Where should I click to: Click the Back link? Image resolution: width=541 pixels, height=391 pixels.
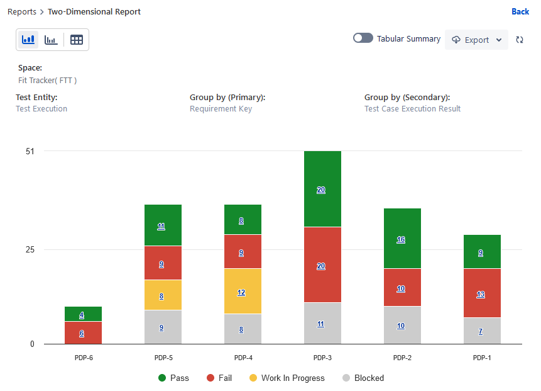tap(520, 11)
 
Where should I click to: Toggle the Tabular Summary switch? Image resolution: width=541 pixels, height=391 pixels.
tap(363, 38)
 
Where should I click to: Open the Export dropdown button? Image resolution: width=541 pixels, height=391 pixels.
tap(476, 40)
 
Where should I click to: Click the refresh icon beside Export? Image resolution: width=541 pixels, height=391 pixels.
tap(520, 40)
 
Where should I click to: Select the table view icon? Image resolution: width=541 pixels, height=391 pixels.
tap(77, 40)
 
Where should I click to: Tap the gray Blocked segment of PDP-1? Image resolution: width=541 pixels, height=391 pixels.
tap(482, 331)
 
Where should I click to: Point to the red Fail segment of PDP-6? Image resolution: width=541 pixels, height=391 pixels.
tap(83, 332)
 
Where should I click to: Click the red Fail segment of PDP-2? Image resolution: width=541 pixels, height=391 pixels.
tap(402, 287)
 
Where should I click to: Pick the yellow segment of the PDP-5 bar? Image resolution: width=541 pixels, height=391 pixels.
tap(163, 295)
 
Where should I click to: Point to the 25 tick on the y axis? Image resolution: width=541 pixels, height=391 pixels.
tap(30, 249)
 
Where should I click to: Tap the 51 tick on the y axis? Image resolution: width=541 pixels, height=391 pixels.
tap(30, 151)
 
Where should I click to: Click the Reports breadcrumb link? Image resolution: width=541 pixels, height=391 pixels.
tap(21, 11)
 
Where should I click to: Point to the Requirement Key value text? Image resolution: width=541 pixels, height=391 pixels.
tap(221, 109)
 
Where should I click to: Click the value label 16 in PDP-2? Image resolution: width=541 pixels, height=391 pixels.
tap(401, 239)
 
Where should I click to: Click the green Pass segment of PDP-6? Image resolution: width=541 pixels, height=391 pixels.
tap(83, 314)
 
